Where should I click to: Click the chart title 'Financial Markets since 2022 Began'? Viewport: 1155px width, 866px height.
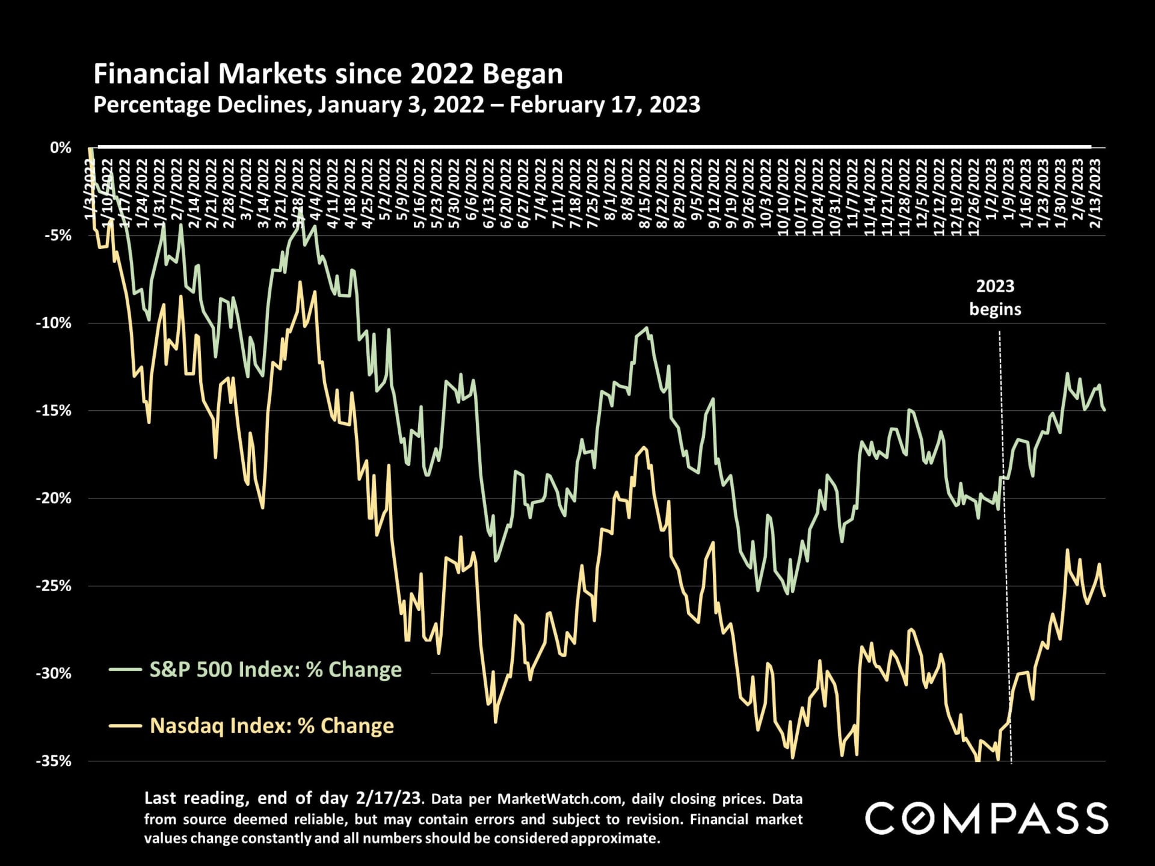328,74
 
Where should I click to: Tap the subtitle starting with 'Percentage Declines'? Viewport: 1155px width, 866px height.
396,105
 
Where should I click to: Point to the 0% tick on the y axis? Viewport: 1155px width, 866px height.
61,148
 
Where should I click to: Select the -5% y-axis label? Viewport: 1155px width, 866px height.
58,235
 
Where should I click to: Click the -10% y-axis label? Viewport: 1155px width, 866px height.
54,323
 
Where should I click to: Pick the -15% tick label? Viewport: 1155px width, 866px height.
54,411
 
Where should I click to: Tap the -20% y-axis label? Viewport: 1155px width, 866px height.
54,498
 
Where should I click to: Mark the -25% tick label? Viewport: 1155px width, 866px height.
54,586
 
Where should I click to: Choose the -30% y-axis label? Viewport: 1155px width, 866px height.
54,674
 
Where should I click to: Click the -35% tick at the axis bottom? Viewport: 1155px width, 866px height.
54,761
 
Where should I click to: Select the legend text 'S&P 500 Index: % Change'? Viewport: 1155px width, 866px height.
276,669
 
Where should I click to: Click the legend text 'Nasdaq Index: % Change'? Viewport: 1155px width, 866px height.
272,726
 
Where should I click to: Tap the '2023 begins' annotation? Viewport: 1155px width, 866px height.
995,297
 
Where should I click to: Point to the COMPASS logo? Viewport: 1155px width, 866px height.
987,818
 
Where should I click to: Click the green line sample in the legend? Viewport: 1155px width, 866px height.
126,669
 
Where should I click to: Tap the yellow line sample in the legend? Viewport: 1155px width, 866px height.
126,726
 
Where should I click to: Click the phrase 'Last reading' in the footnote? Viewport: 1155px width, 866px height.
194,799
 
